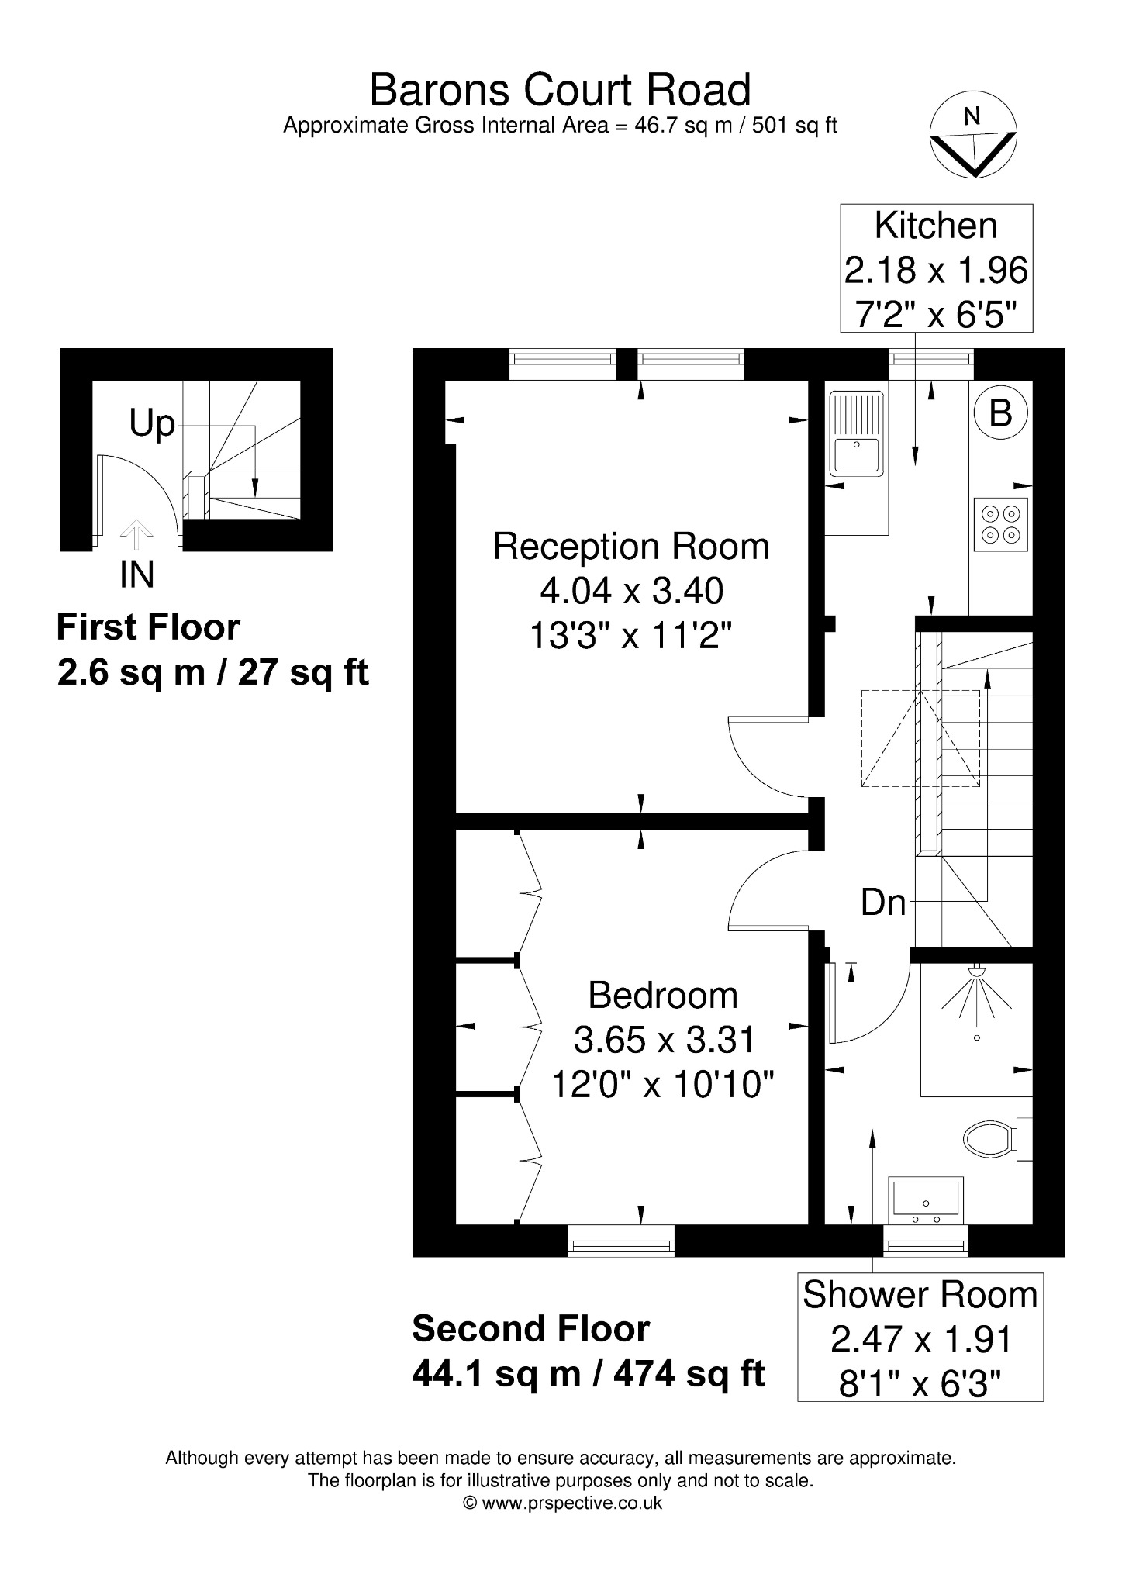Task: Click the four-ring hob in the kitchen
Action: [1001, 524]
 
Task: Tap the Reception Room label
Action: [631, 547]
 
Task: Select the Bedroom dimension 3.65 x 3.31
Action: [664, 1040]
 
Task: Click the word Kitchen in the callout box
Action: [936, 226]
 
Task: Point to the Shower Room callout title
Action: [920, 1295]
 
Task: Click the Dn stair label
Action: [883, 902]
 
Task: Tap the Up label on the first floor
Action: [152, 425]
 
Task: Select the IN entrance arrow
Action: [136, 536]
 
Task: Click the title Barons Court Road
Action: [561, 90]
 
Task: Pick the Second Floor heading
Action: [530, 1329]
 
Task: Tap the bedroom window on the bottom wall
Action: [620, 1240]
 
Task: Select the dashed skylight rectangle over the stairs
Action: [920, 738]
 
